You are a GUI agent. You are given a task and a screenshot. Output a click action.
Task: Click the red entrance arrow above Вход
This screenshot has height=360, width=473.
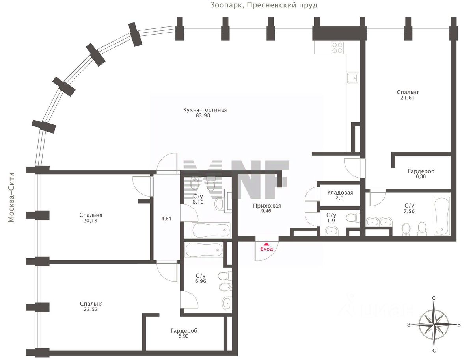pos(266,244)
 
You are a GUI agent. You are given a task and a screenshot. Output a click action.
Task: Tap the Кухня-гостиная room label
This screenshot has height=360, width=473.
pos(205,110)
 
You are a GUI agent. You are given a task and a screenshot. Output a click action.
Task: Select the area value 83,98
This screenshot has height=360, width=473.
pos(203,116)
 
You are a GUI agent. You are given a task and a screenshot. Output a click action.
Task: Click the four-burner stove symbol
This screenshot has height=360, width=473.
pos(338,48)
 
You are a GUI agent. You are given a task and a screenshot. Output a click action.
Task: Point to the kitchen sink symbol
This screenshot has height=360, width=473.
pos(353,78)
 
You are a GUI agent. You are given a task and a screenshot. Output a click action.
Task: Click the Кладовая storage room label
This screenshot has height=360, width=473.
pos(340,193)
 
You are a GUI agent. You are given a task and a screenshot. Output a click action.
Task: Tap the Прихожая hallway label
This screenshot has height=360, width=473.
pos(267,206)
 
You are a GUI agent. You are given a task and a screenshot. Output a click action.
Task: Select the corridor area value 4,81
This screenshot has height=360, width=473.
pos(166,219)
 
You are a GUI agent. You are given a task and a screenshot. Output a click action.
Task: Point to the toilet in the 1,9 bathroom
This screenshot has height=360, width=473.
pos(353,218)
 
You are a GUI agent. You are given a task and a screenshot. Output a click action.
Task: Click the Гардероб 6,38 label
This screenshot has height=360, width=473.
pos(421,174)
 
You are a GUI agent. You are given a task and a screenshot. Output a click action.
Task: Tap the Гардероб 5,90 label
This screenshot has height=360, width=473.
pos(184,333)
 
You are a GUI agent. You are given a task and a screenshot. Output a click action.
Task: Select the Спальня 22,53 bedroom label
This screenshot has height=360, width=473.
pos(91,306)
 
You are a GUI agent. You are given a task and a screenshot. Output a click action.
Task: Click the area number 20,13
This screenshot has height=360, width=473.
pos(91,221)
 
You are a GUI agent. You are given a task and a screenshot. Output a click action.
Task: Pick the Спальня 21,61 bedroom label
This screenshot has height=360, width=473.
pos(408,95)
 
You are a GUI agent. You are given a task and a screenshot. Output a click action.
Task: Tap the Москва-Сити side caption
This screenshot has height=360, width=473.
pos(11,198)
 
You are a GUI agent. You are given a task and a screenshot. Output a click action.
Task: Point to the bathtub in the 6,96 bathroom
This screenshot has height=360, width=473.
pos(204,250)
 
